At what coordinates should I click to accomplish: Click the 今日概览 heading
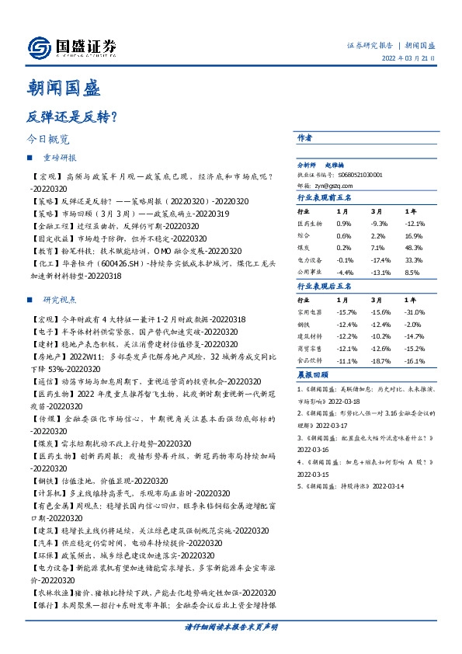point(48,140)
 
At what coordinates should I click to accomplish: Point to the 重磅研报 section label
point(59,158)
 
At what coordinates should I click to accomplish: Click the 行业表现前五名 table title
point(325,198)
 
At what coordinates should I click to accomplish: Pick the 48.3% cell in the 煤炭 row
point(412,246)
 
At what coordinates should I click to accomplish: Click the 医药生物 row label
point(311,223)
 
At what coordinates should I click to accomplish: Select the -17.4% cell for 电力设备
point(379,260)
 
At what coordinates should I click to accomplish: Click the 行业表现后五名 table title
point(325,286)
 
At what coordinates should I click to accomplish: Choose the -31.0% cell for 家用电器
point(413,311)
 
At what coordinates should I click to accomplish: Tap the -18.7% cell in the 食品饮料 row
point(379,361)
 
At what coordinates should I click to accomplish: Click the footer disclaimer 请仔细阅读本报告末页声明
point(231,626)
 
